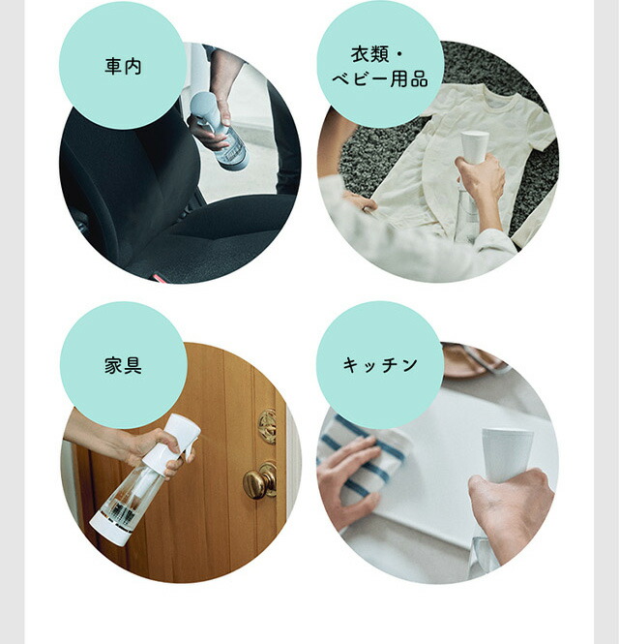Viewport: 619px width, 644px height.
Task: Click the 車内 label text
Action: click(123, 67)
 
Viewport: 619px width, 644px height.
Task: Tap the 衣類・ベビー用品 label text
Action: click(380, 66)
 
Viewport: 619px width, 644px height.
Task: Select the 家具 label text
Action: click(123, 365)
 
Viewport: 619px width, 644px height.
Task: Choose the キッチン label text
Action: click(380, 365)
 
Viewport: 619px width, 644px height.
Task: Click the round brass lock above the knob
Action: click(267, 425)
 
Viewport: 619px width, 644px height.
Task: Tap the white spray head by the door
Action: click(179, 436)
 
